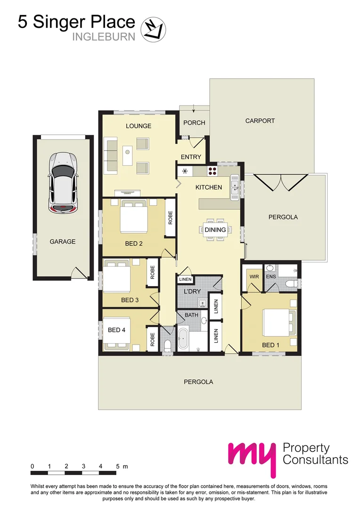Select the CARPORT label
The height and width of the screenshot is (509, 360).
260,121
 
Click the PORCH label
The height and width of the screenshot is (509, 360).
194,123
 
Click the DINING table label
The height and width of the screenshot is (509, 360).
215,230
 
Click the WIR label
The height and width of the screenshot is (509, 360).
254,277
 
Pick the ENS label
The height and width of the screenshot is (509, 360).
270,277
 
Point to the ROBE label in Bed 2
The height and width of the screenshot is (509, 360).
170,217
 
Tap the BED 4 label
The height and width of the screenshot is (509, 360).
116,330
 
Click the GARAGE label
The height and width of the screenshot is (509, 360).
63,242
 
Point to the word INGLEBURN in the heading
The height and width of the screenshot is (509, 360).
103,36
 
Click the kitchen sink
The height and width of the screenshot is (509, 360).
234,187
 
